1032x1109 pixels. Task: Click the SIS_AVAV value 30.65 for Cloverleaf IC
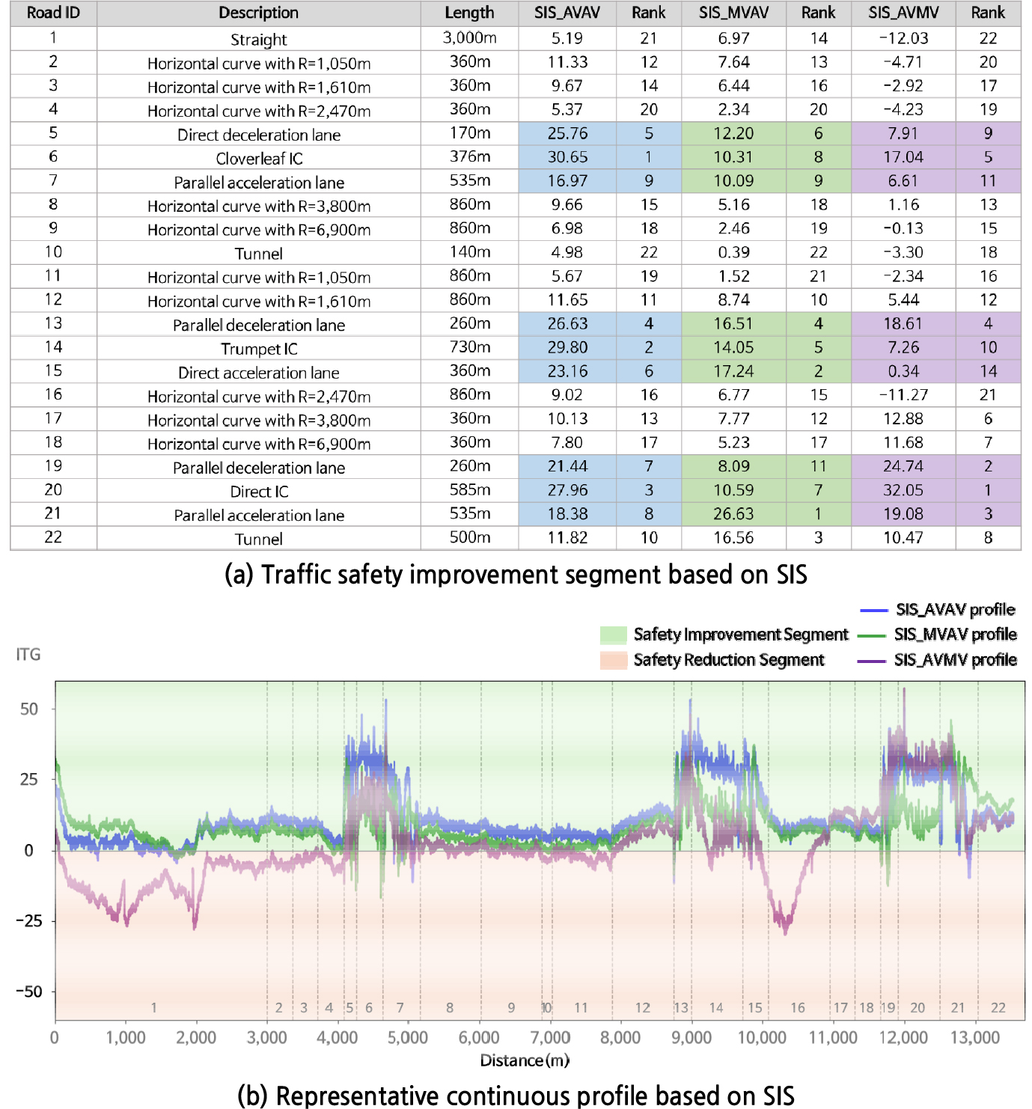click(x=567, y=157)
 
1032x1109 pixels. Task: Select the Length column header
click(x=469, y=13)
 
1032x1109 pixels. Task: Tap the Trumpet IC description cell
click(x=259, y=349)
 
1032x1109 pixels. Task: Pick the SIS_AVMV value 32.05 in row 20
click(x=903, y=490)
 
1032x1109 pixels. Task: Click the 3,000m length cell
click(x=469, y=38)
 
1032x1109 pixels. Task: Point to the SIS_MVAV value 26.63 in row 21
click(x=733, y=514)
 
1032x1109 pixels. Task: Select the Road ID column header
click(x=53, y=13)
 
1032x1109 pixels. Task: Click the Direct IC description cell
click(x=259, y=492)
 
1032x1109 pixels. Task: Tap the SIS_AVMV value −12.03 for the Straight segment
click(x=903, y=38)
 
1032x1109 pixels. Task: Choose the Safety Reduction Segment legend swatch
click(x=613, y=660)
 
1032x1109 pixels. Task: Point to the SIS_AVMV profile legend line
click(x=873, y=660)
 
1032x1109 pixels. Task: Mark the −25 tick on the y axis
click(x=29, y=921)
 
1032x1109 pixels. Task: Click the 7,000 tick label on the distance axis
click(x=550, y=1038)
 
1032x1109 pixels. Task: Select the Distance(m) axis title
click(x=525, y=1060)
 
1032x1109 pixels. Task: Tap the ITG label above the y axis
click(x=28, y=655)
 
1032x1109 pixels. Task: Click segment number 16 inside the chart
click(x=798, y=1008)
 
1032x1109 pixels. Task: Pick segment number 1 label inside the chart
click(x=154, y=1008)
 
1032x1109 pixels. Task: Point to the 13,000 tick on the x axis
click(x=975, y=1038)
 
